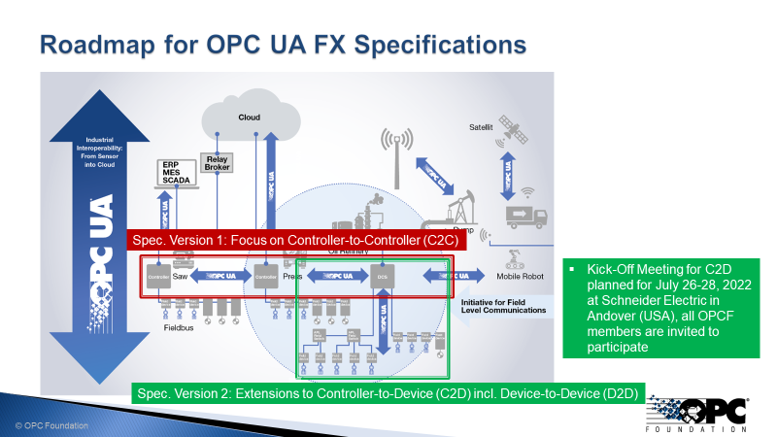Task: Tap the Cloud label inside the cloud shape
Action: coord(250,118)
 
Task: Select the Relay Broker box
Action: coord(215,163)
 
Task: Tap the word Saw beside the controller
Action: coord(180,277)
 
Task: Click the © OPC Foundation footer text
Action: coord(51,425)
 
